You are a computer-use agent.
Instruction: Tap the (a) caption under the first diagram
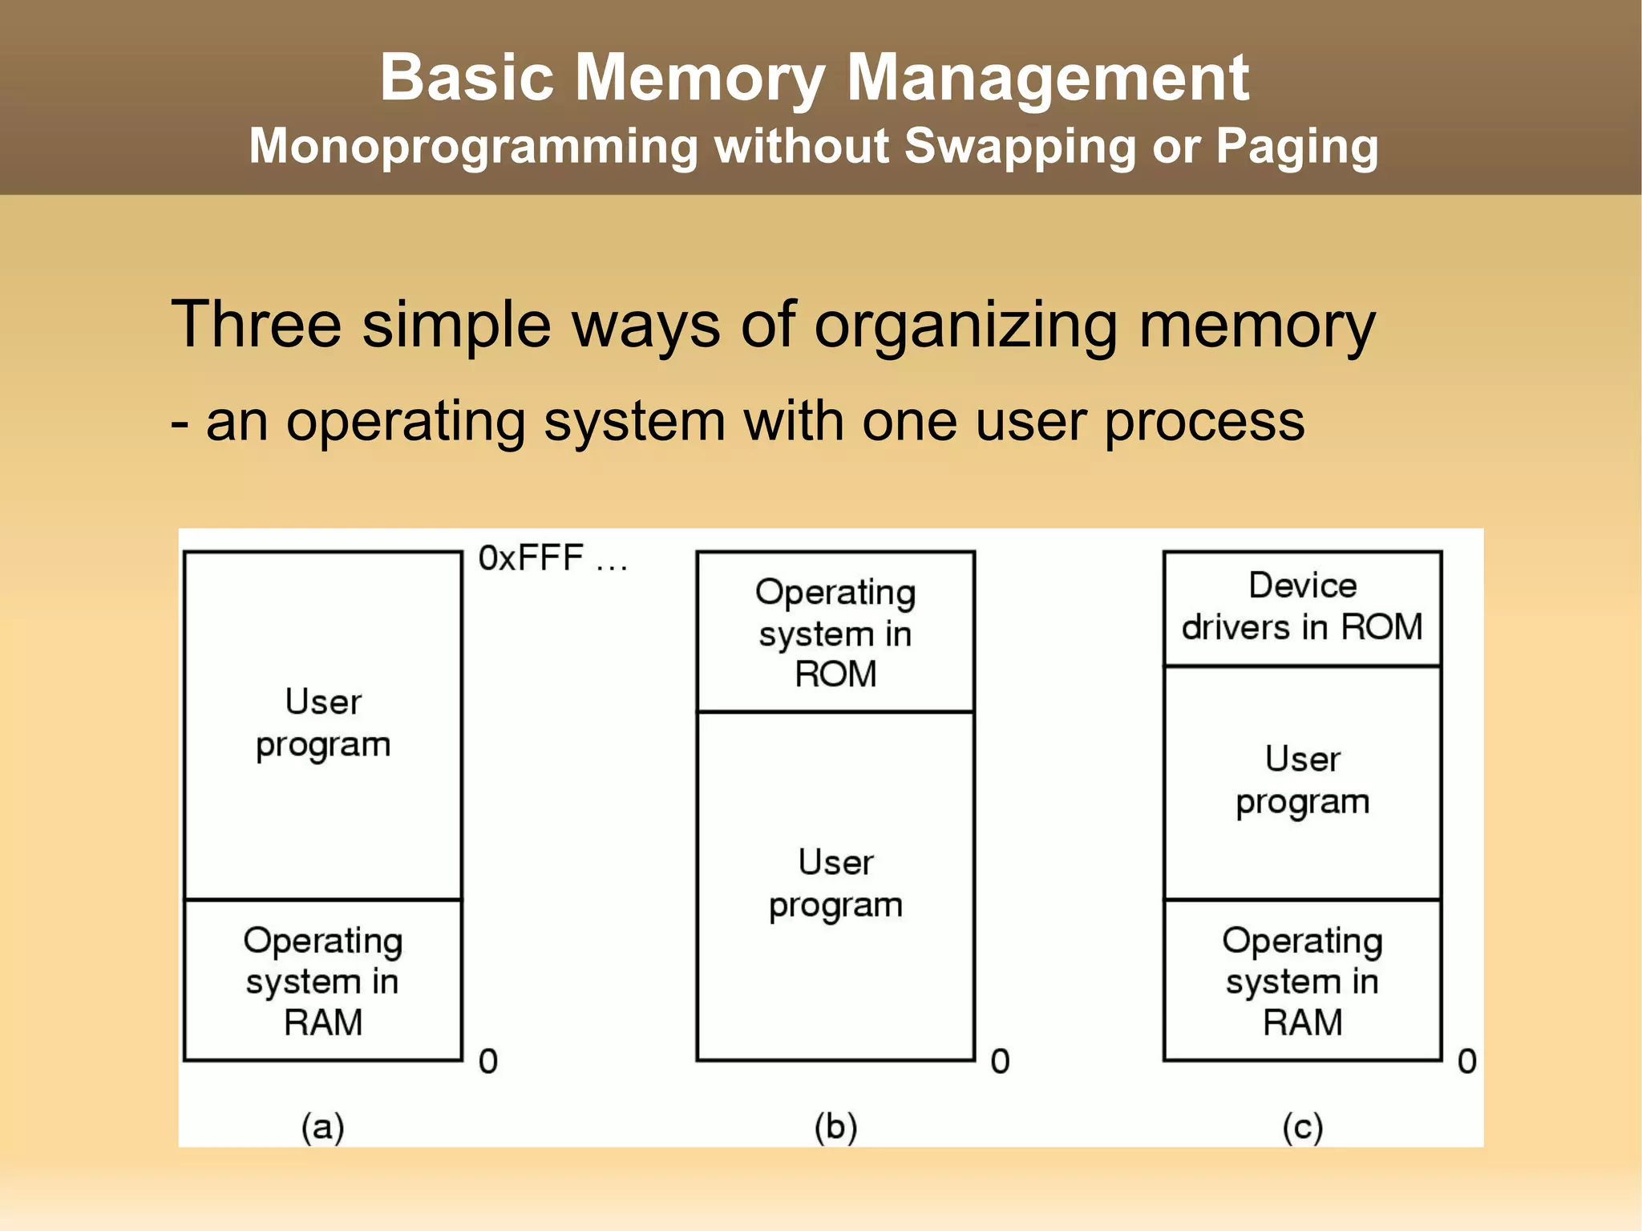(x=322, y=1127)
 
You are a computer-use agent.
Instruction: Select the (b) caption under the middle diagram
(x=835, y=1127)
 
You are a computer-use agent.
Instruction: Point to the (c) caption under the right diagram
(x=1302, y=1127)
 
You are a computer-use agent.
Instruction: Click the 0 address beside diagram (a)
(x=488, y=1061)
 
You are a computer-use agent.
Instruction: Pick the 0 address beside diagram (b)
(x=1000, y=1061)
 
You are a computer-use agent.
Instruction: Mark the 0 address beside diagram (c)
(x=1466, y=1061)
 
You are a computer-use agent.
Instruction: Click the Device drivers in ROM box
(x=1302, y=607)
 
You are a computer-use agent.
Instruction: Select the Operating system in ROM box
(x=835, y=632)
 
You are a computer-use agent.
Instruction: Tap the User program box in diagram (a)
(x=323, y=724)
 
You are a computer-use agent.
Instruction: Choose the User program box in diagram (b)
(x=835, y=884)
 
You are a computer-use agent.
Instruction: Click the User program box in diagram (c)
(x=1302, y=781)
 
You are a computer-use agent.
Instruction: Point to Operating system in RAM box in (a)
(x=323, y=981)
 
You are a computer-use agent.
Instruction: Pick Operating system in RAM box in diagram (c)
(x=1302, y=981)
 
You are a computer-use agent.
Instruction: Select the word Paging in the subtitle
(x=1296, y=147)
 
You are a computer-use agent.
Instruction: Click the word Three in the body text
(x=256, y=324)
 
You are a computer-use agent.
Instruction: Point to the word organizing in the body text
(x=965, y=326)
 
